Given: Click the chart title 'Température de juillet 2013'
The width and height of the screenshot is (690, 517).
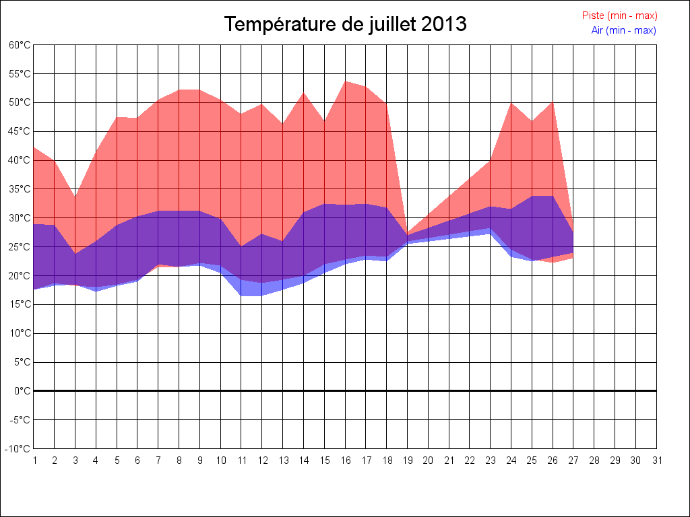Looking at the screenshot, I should tap(345, 24).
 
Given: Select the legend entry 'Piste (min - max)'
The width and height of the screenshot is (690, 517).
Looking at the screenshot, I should tap(619, 15).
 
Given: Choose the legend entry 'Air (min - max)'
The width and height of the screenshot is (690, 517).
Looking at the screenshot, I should tap(623, 30).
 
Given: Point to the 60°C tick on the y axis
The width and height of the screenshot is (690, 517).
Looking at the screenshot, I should tap(20, 45).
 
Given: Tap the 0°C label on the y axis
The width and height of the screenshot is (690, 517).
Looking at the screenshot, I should tap(22, 391).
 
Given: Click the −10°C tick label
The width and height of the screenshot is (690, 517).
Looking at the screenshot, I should tap(18, 449).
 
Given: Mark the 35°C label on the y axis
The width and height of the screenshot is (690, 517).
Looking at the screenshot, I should tap(20, 189).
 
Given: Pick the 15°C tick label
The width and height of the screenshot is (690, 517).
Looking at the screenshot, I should tap(20, 305).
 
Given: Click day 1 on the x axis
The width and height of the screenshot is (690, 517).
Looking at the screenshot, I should tap(34, 460).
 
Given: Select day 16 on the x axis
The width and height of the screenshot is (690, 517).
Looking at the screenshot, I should tap(345, 460).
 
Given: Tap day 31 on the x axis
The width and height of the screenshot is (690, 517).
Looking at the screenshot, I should tap(657, 460).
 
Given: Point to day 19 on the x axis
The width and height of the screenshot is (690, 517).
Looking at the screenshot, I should tap(408, 460).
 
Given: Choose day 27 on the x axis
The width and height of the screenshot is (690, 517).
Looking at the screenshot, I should tap(573, 460).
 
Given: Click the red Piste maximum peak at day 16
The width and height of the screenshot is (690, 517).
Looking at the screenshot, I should tap(345, 81).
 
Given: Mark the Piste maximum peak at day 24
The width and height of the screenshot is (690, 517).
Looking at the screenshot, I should tap(511, 102).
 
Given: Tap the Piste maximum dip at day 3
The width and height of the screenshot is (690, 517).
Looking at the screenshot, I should tap(75, 197).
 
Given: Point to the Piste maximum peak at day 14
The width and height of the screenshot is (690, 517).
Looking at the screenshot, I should tap(304, 92).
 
